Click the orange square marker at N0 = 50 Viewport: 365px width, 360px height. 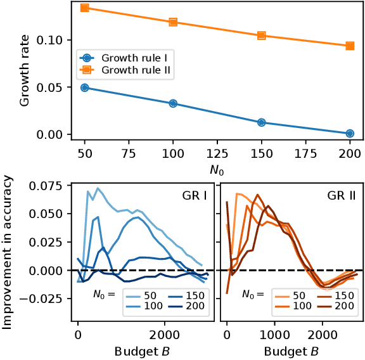tap(85, 8)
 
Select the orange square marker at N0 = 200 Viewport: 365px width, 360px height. tap(350, 46)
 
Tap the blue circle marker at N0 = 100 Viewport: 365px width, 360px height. tap(173, 103)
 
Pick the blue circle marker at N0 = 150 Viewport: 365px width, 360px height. tap(261, 122)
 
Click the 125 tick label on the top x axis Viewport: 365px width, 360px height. tap(217, 153)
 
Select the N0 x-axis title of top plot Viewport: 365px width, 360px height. tap(217, 168)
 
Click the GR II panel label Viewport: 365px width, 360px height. tap(340, 196)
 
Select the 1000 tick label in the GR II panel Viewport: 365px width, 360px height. tap(275, 334)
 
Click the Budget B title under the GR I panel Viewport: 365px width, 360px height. tap(143, 349)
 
